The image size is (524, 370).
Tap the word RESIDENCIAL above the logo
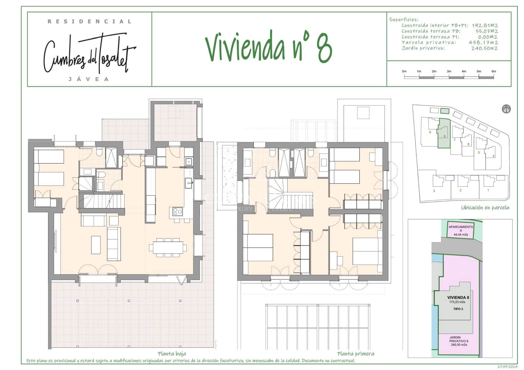(89, 22)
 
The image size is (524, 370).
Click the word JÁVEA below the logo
(88, 79)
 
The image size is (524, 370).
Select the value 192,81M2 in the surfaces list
(485, 26)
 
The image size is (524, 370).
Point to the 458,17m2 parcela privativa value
(483, 43)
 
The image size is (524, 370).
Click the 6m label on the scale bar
(494, 71)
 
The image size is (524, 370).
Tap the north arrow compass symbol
(506, 109)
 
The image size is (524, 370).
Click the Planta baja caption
(172, 354)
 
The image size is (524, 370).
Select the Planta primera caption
(355, 354)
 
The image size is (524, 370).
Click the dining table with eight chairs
(168, 248)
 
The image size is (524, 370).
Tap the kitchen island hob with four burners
(178, 212)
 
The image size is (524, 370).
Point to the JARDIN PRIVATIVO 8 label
(458, 341)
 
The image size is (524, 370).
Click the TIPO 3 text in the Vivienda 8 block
(458, 309)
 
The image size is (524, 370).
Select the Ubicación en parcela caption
(485, 207)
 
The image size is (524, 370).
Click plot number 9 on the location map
(430, 132)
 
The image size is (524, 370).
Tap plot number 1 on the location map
(488, 190)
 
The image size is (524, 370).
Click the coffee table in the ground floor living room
(96, 245)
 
